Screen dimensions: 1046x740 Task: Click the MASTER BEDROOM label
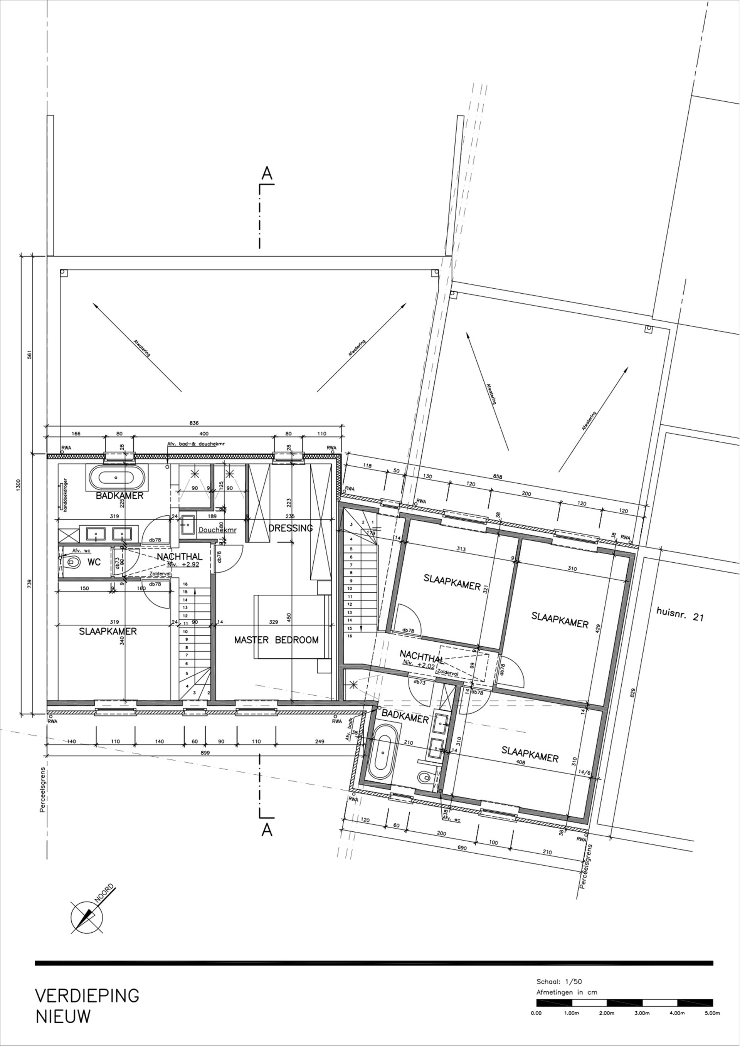click(x=276, y=640)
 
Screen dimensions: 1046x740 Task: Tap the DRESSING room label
click(x=291, y=528)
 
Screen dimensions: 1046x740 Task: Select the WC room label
click(x=94, y=563)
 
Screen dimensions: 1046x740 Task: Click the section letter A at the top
click(x=267, y=173)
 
